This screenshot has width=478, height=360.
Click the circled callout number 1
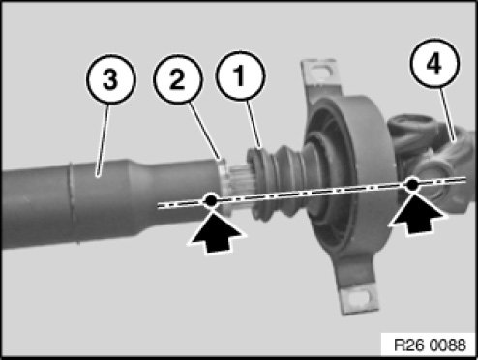[x=240, y=75]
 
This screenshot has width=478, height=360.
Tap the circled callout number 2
[x=178, y=79]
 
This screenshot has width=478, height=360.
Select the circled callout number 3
[x=110, y=79]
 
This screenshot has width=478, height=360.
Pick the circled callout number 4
[x=434, y=63]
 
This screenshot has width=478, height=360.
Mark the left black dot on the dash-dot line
[x=210, y=200]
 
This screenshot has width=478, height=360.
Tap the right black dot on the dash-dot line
[x=411, y=184]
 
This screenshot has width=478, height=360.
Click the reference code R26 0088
[x=430, y=345]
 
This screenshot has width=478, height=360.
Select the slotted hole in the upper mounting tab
[x=320, y=69]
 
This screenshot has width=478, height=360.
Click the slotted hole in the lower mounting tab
[x=358, y=297]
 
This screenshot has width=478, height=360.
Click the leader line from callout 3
[x=104, y=140]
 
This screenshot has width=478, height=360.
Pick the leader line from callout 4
[x=448, y=114]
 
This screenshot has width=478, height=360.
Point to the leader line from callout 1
[x=254, y=124]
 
